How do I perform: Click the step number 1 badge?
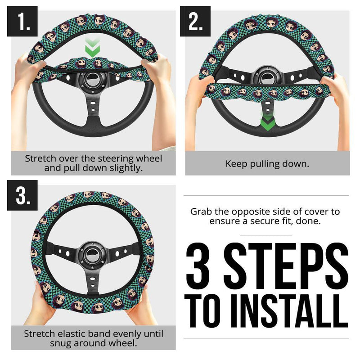point(22,21)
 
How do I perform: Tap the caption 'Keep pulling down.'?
point(267,164)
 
